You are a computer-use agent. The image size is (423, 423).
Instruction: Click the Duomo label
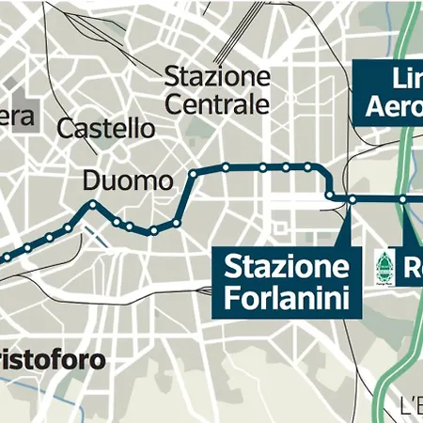tap(128, 180)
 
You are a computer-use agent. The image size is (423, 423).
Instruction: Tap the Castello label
tap(105, 128)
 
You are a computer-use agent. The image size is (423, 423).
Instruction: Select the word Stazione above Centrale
tap(217, 77)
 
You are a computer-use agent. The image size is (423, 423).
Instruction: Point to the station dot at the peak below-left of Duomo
tap(92, 204)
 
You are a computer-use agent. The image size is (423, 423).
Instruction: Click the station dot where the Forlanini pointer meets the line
tap(351, 199)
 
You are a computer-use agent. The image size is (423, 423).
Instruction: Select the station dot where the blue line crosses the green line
tap(401, 199)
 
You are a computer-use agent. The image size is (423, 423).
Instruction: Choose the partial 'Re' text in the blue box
tap(414, 266)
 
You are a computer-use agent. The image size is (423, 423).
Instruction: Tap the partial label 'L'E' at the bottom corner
tap(410, 407)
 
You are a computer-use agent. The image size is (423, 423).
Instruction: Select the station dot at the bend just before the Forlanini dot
tap(332, 196)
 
